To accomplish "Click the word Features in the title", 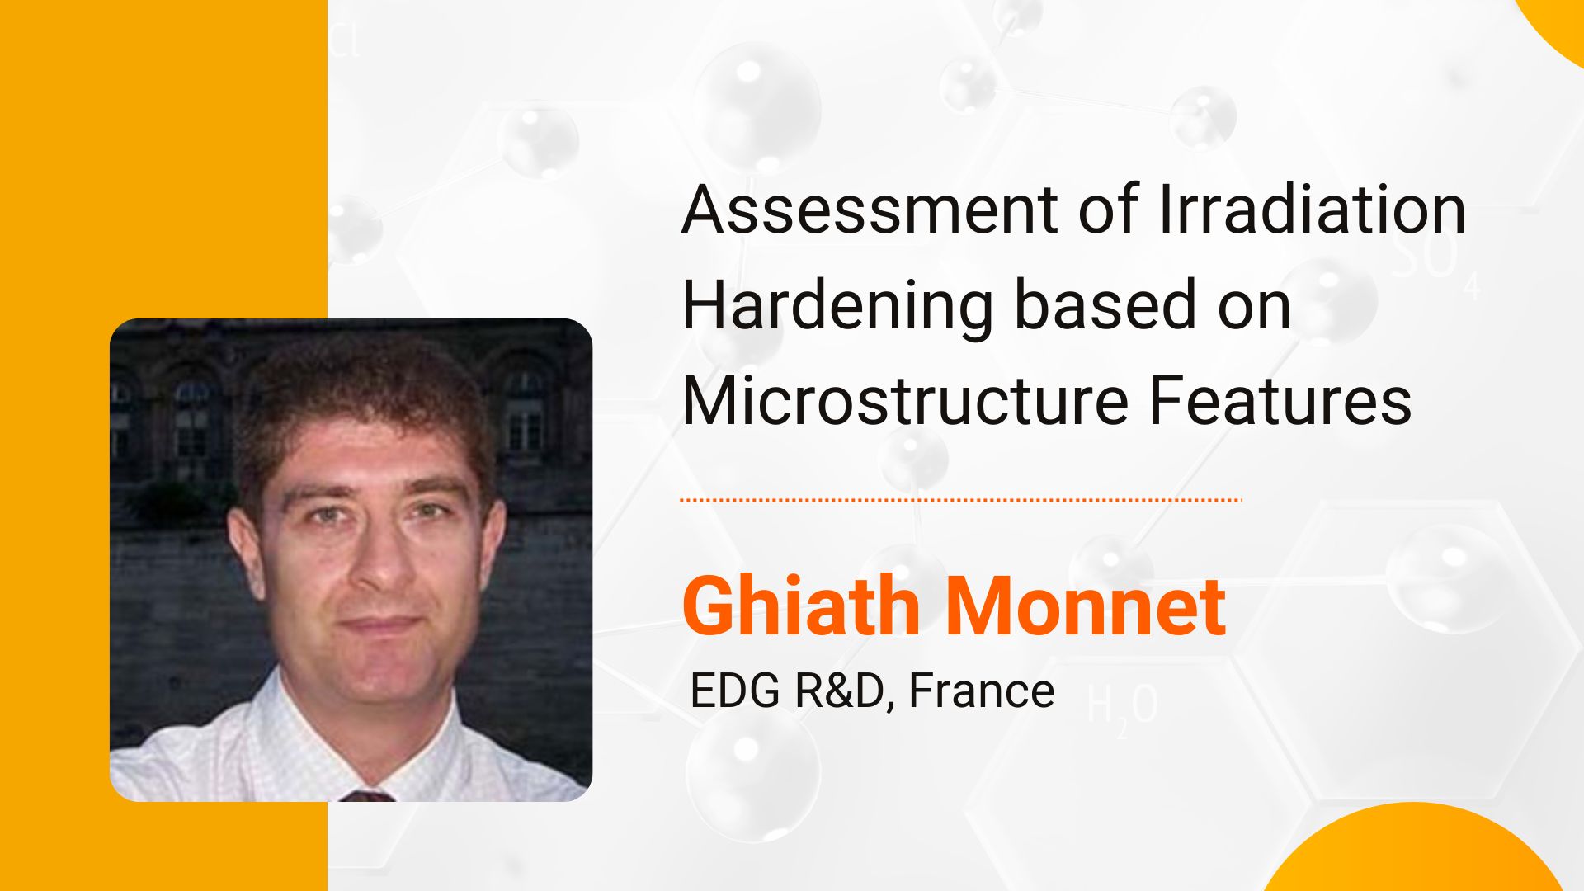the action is point(1280,401).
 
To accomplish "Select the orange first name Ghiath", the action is point(801,606).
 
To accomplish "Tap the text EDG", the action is point(734,691).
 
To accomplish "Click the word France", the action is point(981,691).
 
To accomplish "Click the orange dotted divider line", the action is point(961,500).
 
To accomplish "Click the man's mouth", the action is point(379,624).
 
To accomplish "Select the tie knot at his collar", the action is point(366,796).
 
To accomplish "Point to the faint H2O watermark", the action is point(1122,706).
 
